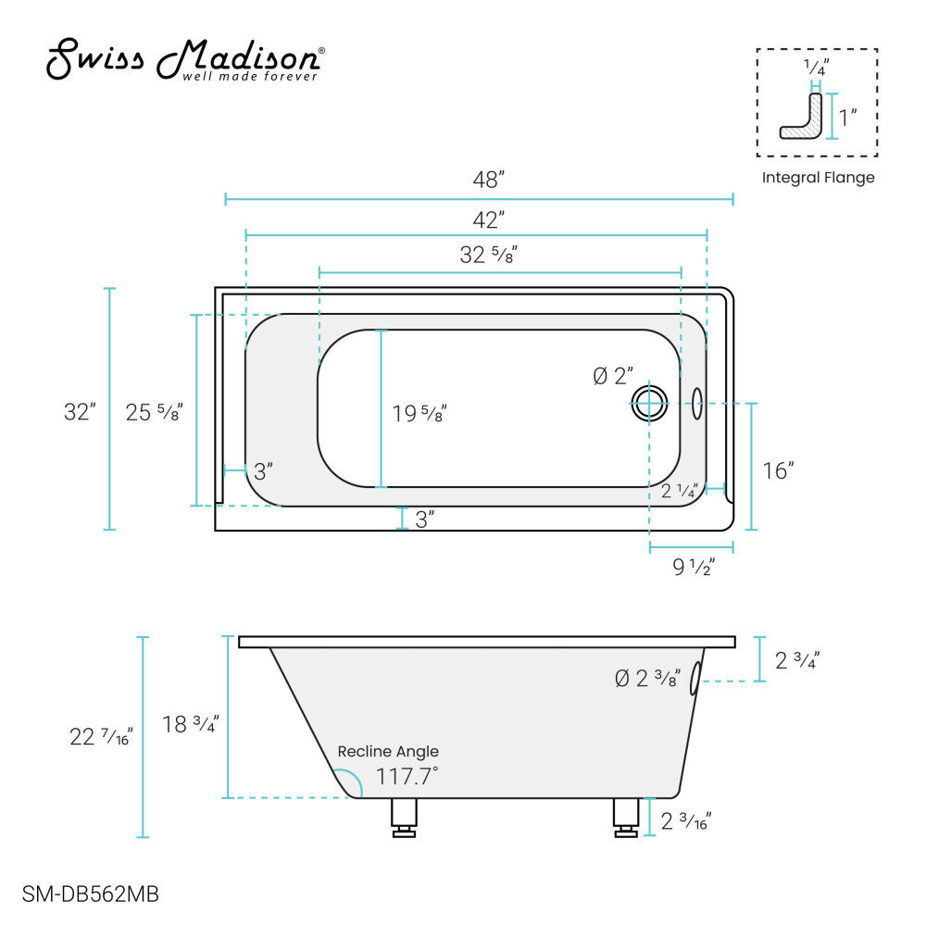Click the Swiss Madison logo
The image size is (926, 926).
click(x=186, y=60)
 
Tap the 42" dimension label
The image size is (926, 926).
click(x=488, y=219)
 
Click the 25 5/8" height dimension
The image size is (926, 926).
click(x=154, y=412)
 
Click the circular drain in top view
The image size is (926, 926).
click(x=649, y=403)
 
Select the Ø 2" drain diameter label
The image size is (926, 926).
click(x=613, y=376)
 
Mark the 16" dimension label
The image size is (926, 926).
click(x=778, y=470)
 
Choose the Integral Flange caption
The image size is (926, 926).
click(x=818, y=178)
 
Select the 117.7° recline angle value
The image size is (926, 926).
click(x=407, y=776)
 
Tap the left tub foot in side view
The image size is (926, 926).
click(x=404, y=819)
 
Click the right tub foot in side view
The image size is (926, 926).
click(x=627, y=819)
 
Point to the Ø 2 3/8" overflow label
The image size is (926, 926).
click(x=647, y=678)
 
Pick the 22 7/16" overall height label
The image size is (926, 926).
click(x=102, y=737)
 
